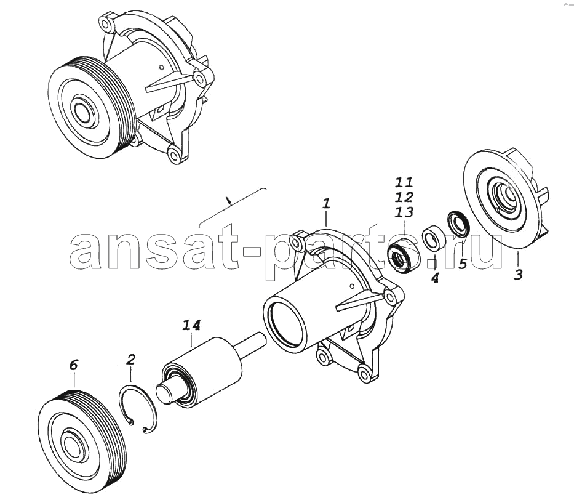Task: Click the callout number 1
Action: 325,204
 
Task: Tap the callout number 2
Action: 130,360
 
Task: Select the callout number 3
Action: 517,275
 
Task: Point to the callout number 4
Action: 434,278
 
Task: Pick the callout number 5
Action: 463,264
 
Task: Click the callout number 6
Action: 74,365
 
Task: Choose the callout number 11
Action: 404,182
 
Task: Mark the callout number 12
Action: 404,197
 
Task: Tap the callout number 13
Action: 404,212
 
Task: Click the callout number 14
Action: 192,325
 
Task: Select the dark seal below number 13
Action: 402,257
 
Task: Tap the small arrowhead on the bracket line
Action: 229,201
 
